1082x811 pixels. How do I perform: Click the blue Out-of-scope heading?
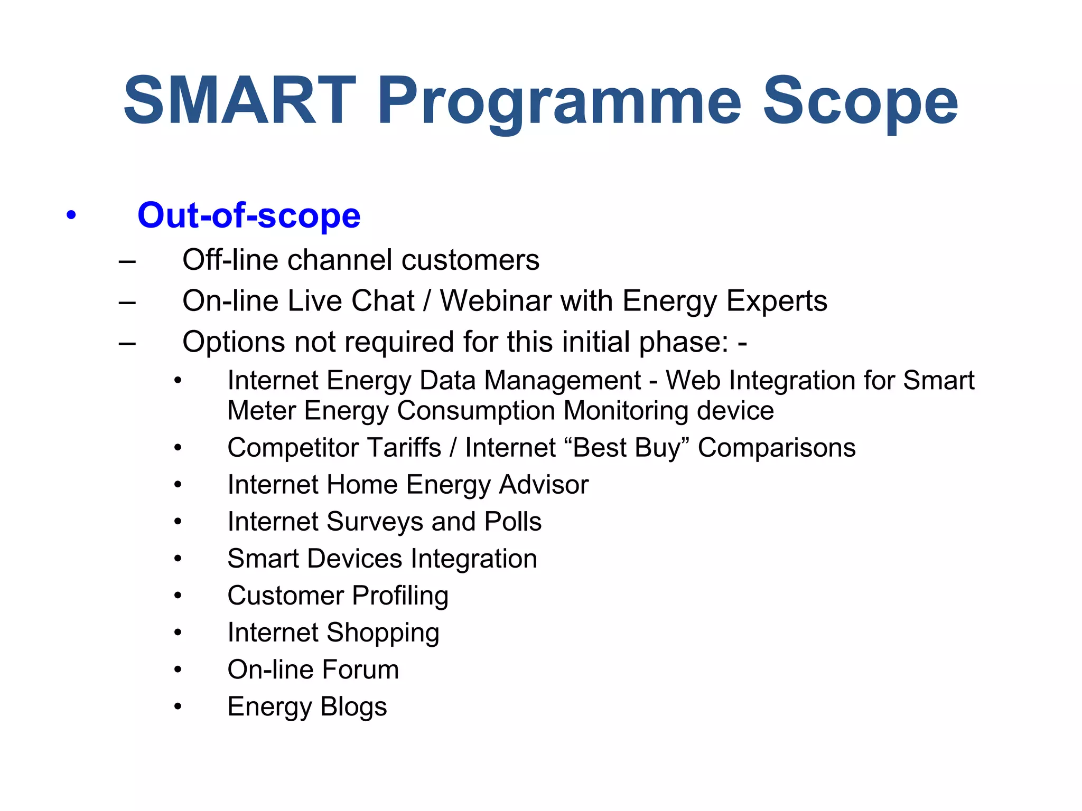click(249, 215)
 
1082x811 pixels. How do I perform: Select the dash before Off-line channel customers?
click(127, 261)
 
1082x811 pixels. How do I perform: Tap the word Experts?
click(777, 302)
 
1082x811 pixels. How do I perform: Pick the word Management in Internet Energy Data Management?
click(562, 381)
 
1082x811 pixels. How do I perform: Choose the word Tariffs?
click(404, 448)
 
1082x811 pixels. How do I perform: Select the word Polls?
click(512, 522)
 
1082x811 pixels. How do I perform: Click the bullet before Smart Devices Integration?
click(178, 559)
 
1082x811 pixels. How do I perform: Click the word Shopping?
click(383, 634)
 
